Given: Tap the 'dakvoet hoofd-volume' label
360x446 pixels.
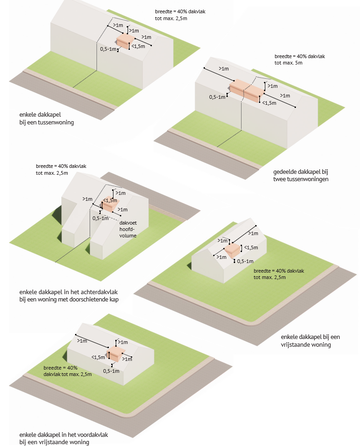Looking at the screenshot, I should click(x=128, y=229).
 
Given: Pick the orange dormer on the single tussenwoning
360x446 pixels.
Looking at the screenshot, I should click(x=124, y=41).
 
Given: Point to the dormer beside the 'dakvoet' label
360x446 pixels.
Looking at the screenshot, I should click(x=109, y=205).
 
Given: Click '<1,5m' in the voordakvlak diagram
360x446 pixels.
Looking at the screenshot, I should click(x=98, y=357).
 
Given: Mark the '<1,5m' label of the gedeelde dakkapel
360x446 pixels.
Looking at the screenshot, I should click(x=269, y=103).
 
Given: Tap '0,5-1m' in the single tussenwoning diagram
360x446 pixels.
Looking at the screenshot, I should click(x=109, y=49).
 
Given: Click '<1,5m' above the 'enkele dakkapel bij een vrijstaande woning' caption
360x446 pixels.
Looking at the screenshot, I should click(x=251, y=247).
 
